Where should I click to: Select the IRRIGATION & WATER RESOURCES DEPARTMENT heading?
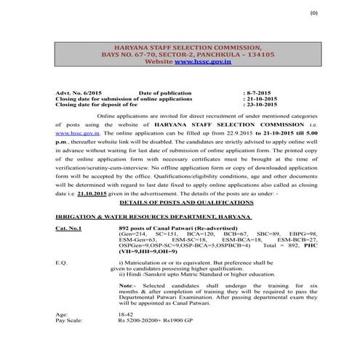[x=153, y=216]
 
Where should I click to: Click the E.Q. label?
[x=61, y=260]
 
